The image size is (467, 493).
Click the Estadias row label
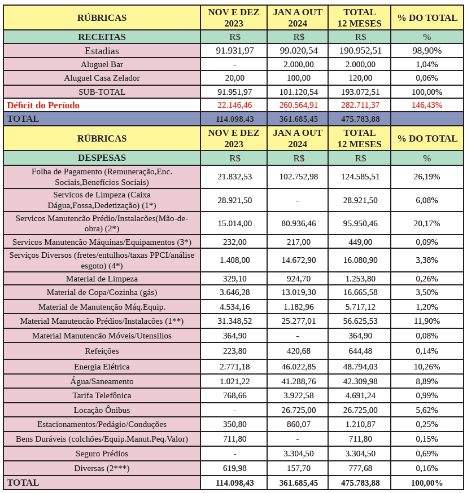102,51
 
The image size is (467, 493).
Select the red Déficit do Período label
43,105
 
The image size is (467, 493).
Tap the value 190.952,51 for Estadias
361,51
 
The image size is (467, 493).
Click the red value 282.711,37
361,105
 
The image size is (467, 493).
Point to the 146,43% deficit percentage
427,105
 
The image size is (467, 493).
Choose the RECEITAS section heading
102,37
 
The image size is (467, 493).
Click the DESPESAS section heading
102,158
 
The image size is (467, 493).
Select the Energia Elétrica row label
102,367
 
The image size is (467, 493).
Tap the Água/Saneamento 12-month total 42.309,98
361,381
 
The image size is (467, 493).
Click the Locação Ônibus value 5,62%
427,410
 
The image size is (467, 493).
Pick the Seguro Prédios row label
102,454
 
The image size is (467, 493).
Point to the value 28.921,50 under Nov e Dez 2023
234,200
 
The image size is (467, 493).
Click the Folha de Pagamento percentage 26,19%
427,177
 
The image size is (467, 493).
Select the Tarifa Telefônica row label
102,395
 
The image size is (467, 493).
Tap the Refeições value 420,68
298,350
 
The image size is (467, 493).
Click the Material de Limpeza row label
102,279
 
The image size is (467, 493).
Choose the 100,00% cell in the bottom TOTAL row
427,483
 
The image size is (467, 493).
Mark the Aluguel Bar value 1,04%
427,64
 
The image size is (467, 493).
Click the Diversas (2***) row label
102,468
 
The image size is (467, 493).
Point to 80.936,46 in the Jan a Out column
298,223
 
